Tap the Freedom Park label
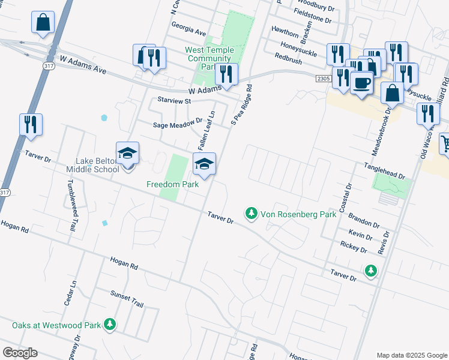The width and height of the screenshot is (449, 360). point(172,185)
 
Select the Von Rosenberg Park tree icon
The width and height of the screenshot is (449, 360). point(251,213)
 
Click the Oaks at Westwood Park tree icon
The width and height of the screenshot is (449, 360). point(109,325)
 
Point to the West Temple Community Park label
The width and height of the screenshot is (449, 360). point(209,58)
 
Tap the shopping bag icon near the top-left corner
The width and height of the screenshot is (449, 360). point(44,23)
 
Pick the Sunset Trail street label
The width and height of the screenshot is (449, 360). point(127,299)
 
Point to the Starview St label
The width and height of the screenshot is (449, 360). point(173,101)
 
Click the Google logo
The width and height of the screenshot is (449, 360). point(20,353)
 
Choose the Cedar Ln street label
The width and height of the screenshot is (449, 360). point(70,292)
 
